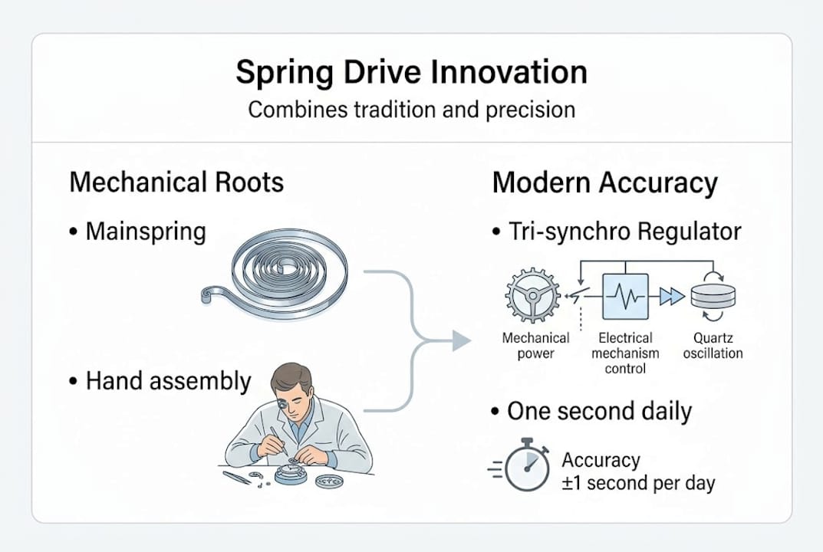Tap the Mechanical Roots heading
click(x=176, y=182)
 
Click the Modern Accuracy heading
click(x=604, y=183)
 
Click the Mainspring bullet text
click(x=145, y=231)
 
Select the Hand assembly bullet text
click(x=168, y=381)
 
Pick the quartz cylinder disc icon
click(x=713, y=297)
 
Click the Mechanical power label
click(x=535, y=345)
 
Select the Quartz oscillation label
click(x=713, y=346)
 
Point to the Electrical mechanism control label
click(x=625, y=353)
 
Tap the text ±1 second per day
click(x=638, y=484)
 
